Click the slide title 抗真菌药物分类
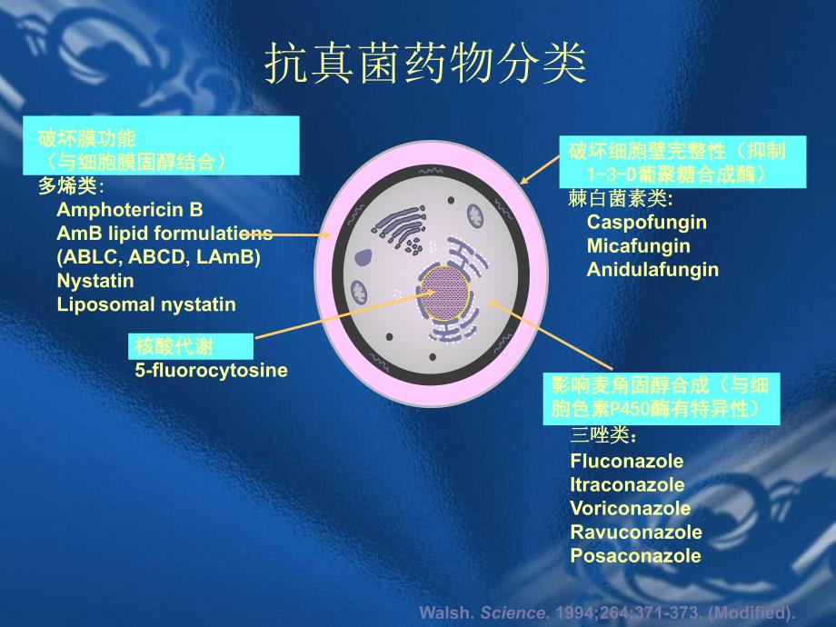pyautogui.click(x=424, y=65)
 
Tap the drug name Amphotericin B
pyautogui.click(x=130, y=210)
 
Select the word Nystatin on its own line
pyautogui.click(x=95, y=281)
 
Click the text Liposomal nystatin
pyautogui.click(x=146, y=304)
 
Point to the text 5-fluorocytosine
pyautogui.click(x=211, y=370)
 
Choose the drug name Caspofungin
pyautogui.click(x=646, y=222)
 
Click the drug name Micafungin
pyautogui.click(x=638, y=245)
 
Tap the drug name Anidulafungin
pyautogui.click(x=652, y=269)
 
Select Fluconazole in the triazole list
pyautogui.click(x=626, y=462)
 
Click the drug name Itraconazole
pyautogui.click(x=627, y=485)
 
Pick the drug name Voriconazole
pyautogui.click(x=630, y=509)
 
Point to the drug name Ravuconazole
pyautogui.click(x=636, y=532)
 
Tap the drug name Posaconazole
pyautogui.click(x=635, y=556)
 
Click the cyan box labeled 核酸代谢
pyautogui.click(x=190, y=346)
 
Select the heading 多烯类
pyautogui.click(x=71, y=186)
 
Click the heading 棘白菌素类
pyautogui.click(x=620, y=199)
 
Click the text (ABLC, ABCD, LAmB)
pyautogui.click(x=158, y=257)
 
